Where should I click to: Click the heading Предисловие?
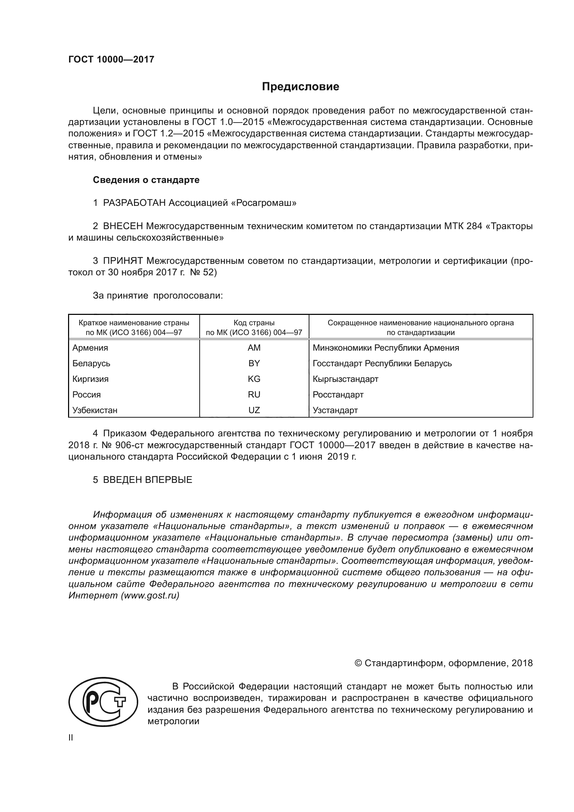(300, 87)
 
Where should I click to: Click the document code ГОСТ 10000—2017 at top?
(111, 59)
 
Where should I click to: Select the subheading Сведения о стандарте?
(146, 180)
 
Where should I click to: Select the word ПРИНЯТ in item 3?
(123, 261)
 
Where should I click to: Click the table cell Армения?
(90, 348)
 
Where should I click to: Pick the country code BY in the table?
(254, 363)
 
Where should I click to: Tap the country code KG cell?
(254, 379)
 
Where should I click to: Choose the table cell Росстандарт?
(338, 395)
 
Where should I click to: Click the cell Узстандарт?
(335, 411)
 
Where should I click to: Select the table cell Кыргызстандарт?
(345, 379)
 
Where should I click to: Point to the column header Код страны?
(254, 323)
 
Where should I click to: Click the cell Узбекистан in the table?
(95, 411)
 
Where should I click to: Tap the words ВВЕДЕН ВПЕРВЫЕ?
(148, 480)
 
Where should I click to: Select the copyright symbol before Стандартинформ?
(358, 663)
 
